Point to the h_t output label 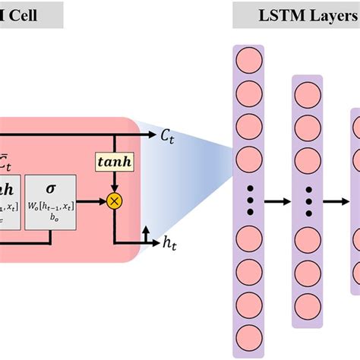coord(171,242)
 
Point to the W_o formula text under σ coord(50,207)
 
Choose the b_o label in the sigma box coord(50,218)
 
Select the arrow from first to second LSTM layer coord(275,201)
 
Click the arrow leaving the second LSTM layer coord(336,201)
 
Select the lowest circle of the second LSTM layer coord(307,302)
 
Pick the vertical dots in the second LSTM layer coord(307,201)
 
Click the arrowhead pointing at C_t coord(152,136)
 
